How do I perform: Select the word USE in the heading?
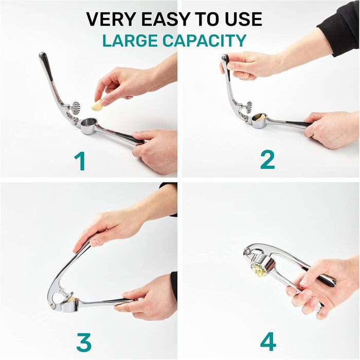tap(243, 19)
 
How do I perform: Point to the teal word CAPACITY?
tap(205, 41)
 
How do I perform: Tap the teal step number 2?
tap(268, 159)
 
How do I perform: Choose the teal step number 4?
tap(268, 341)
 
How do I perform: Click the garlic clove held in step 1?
tap(97, 105)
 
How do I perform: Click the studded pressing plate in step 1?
tap(76, 107)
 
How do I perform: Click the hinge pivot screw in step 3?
tap(53, 305)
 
